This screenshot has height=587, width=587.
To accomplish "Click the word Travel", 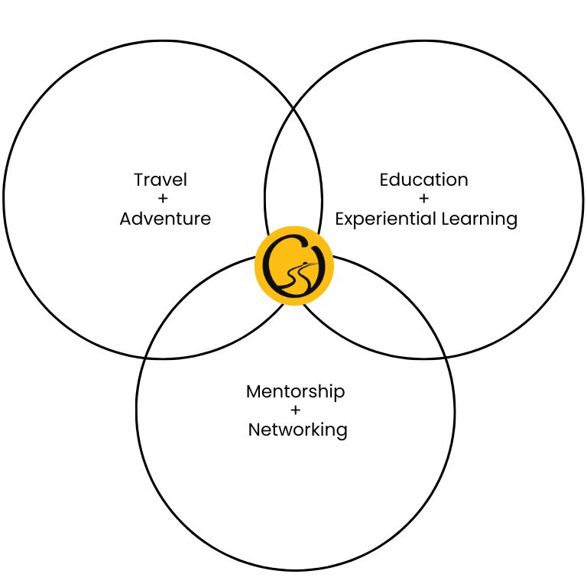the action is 161,180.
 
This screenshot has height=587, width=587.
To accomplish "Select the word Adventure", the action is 165,219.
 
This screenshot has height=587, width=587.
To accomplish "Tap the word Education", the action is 423,180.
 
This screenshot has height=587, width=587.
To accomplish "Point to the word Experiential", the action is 385,219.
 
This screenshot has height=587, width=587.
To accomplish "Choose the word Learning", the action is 479,219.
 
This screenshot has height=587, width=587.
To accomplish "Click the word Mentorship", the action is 295,392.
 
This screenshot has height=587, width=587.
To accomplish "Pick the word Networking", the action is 297,430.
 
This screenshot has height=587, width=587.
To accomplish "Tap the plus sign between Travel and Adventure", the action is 163,199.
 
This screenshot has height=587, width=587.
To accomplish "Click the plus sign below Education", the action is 423,199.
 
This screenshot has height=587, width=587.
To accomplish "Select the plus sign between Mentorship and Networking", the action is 295,410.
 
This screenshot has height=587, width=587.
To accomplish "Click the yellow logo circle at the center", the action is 293,266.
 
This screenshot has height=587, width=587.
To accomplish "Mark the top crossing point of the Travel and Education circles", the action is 293,109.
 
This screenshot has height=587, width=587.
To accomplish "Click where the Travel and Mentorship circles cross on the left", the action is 145,358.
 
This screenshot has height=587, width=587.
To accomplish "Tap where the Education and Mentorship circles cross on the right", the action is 446,358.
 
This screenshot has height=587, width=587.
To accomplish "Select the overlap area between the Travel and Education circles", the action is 293,168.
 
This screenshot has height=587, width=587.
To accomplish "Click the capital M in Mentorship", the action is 254,391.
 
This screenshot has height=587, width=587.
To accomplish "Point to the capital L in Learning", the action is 446,219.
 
